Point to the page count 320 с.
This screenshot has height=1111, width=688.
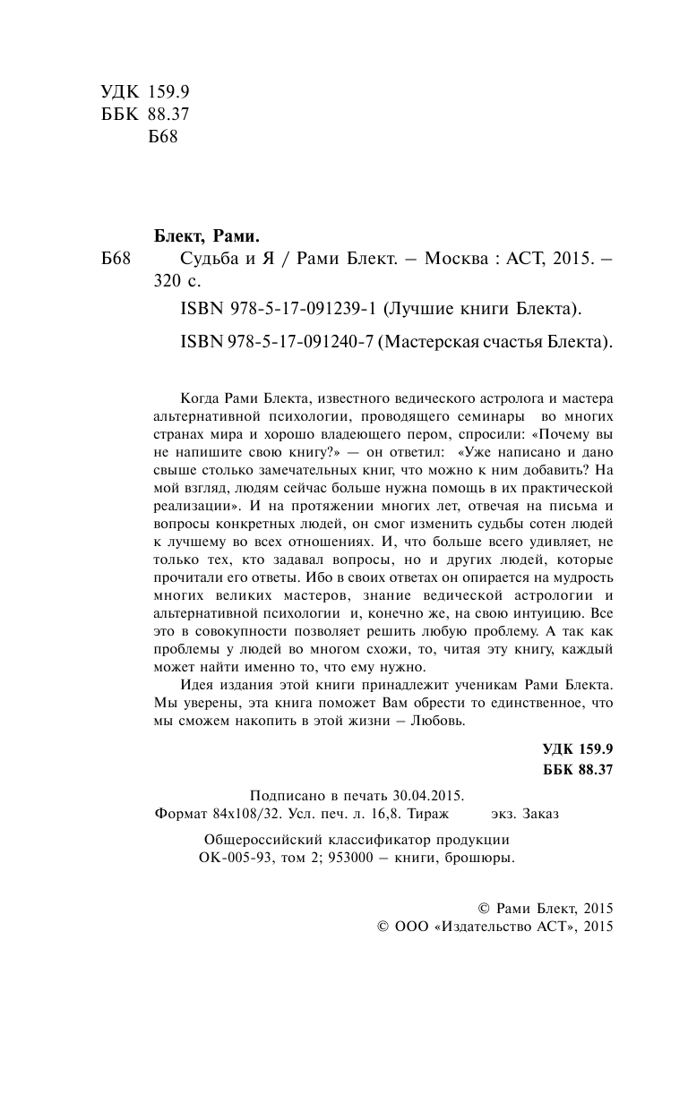click(179, 283)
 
